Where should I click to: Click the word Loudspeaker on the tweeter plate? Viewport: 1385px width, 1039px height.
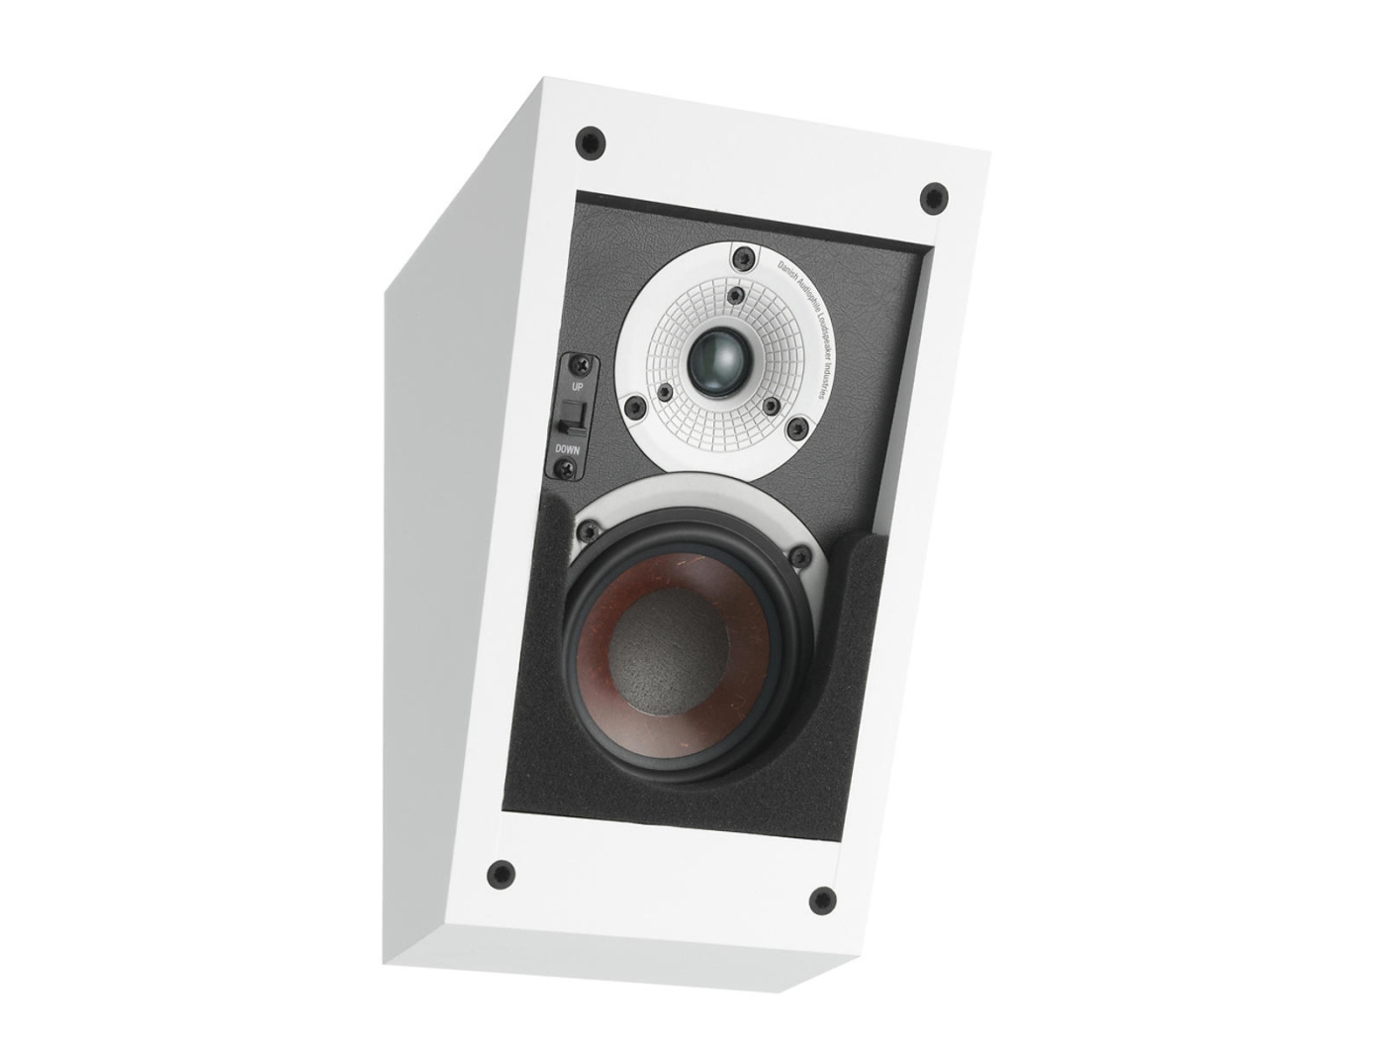point(808,318)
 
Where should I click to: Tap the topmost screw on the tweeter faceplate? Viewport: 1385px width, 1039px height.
point(737,257)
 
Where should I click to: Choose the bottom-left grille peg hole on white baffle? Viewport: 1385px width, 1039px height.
point(501,874)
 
